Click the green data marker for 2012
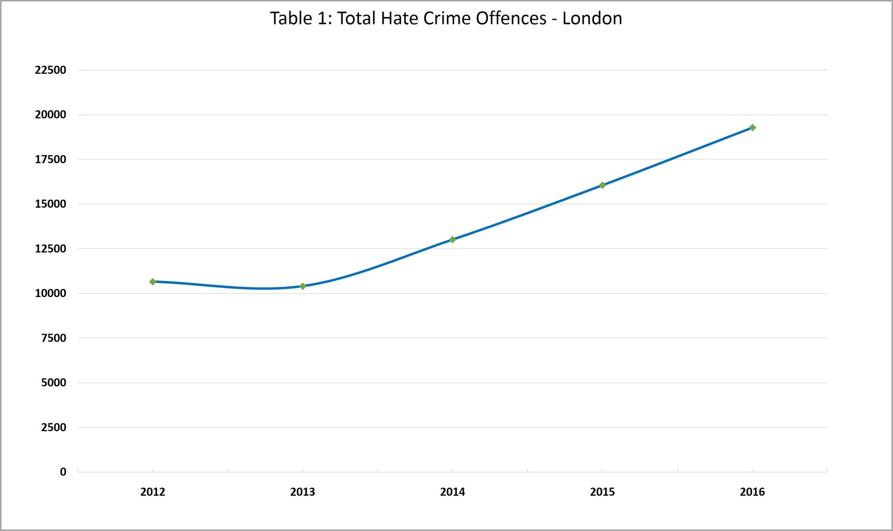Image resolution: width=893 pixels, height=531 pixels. pos(152,282)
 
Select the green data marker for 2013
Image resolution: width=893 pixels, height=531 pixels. pos(303,286)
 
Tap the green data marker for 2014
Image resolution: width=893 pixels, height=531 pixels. pos(453,239)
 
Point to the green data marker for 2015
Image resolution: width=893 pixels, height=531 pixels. pos(602,185)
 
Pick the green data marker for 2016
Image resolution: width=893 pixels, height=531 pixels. pos(752,127)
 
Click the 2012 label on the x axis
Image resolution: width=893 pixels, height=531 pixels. pos(152,492)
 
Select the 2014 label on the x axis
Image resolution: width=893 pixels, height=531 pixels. pos(453,492)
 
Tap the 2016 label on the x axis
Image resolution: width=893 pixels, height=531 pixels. pos(752,492)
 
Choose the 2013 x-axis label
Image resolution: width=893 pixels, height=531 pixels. pos(303,492)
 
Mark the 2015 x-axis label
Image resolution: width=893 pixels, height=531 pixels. pos(602,492)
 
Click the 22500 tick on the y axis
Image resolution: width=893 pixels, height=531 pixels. pos(50,70)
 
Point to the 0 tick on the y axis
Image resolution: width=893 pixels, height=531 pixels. pos(63,472)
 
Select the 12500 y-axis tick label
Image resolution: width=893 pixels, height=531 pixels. pos(50,249)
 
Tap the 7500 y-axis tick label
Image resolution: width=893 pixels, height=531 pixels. pos(54,338)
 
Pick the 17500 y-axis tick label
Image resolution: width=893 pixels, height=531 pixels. pos(50,159)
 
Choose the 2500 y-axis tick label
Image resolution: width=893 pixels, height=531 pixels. pos(54,427)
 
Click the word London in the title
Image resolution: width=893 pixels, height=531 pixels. pos(592,19)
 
